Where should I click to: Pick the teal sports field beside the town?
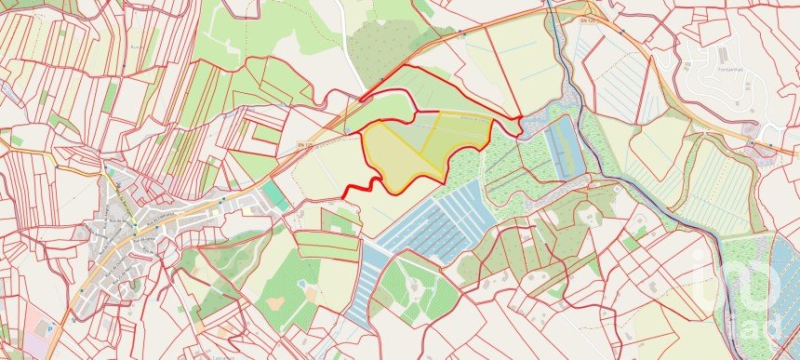click(x=274, y=196)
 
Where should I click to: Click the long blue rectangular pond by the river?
click(x=567, y=149)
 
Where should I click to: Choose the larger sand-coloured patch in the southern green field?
click(x=275, y=303)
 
